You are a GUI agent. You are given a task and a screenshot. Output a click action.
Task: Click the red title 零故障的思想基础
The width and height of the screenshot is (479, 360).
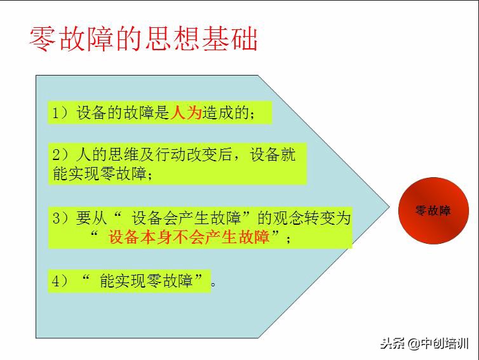tap(144, 39)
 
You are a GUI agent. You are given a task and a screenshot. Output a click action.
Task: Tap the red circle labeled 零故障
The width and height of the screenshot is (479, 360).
tap(433, 211)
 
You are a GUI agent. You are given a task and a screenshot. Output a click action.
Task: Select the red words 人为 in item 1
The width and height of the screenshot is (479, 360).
tap(186, 113)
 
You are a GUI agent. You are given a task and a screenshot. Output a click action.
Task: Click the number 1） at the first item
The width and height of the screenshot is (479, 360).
tap(60, 113)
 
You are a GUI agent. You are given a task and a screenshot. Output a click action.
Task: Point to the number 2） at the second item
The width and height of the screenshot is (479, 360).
tap(60, 155)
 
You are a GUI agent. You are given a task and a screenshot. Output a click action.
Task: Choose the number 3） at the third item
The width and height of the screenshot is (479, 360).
tap(60, 218)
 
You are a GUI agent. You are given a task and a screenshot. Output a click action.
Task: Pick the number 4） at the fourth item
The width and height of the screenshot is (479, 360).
tap(60, 281)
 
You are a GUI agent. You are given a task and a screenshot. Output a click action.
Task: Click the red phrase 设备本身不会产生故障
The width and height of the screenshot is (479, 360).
tap(189, 238)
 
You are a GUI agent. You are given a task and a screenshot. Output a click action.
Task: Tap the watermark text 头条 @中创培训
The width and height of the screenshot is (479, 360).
tap(424, 343)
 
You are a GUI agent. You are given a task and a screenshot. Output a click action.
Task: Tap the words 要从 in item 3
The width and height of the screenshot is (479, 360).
tap(90, 218)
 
